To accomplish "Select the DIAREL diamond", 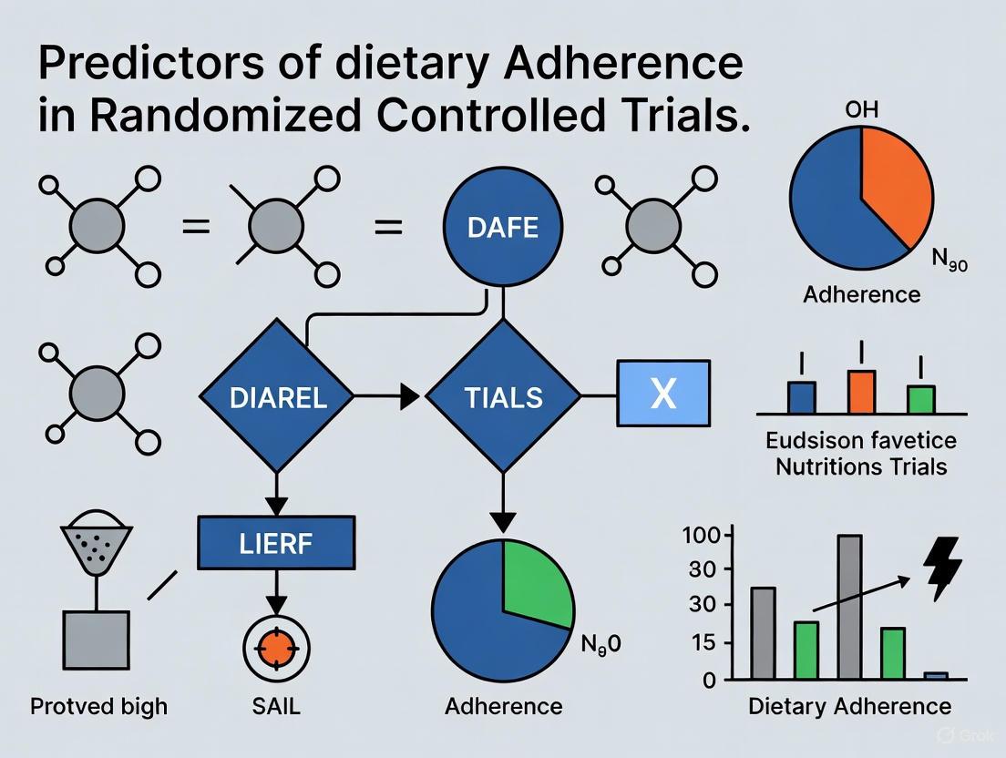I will (277, 397).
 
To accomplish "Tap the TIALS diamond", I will (502, 397).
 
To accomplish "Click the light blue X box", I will (664, 393).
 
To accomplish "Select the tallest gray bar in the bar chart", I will (849, 607).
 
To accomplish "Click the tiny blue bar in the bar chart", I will (936, 675).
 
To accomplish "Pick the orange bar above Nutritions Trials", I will (861, 392).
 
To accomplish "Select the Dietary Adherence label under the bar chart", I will (849, 706).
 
